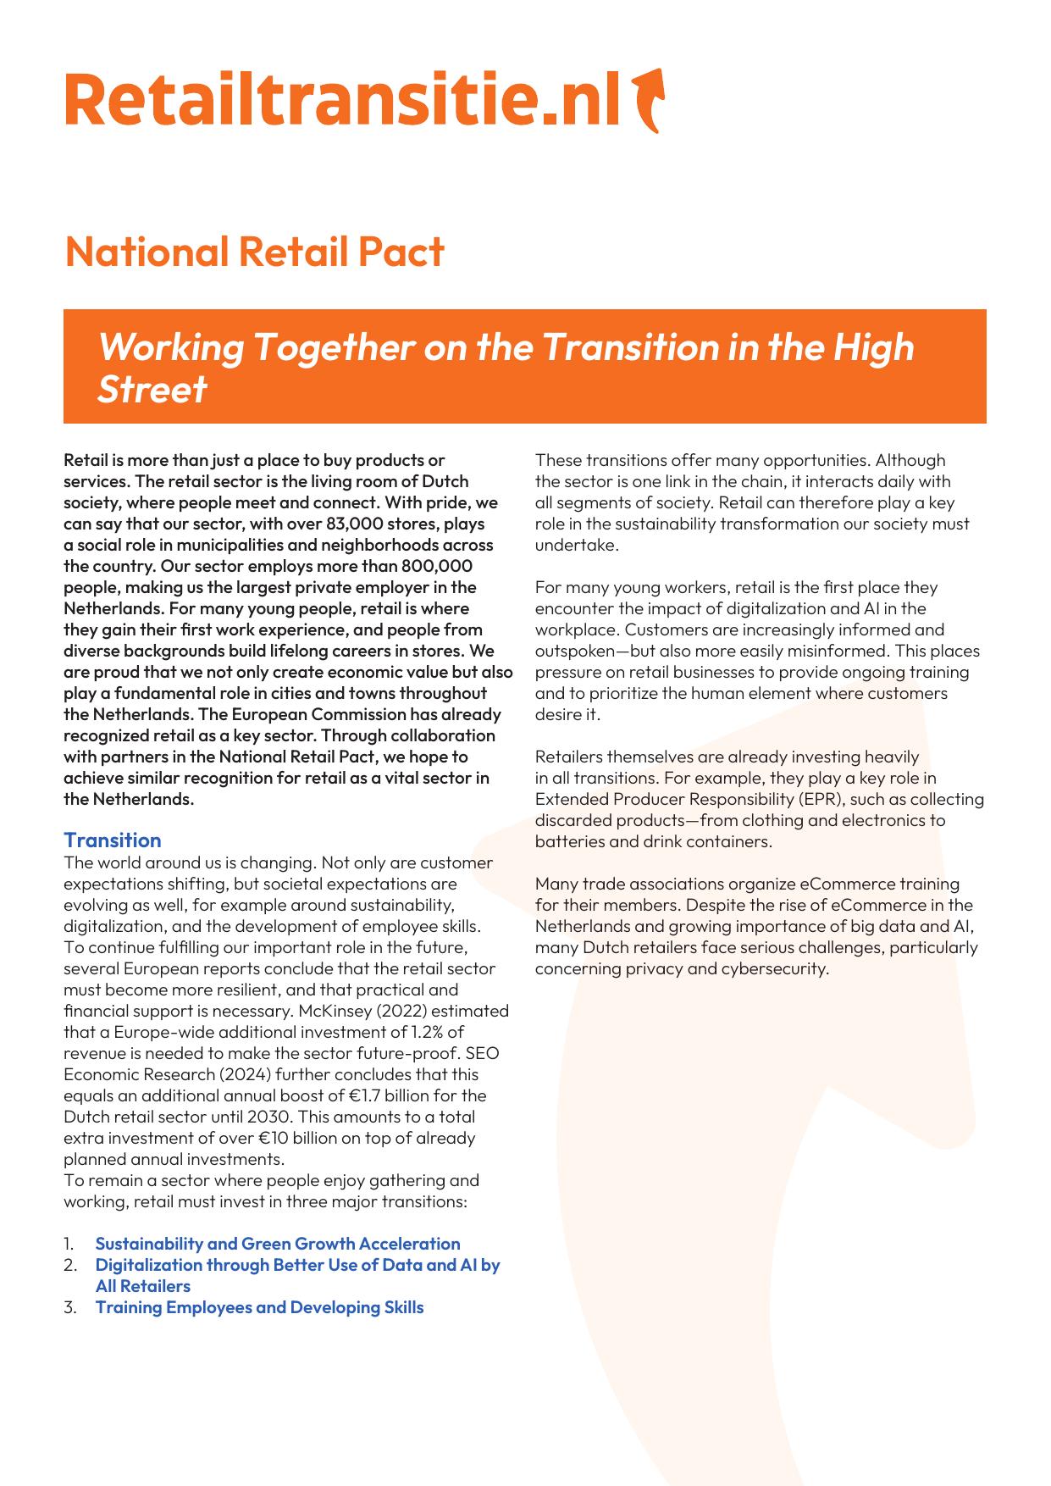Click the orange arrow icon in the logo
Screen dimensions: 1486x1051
tap(649, 100)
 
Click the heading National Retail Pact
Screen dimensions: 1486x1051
tap(254, 252)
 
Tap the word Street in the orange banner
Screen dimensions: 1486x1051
tap(152, 389)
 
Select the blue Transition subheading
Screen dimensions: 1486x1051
tap(113, 840)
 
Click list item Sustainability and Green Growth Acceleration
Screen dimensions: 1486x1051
tap(278, 1244)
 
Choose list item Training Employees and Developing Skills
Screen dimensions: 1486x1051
tap(259, 1307)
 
